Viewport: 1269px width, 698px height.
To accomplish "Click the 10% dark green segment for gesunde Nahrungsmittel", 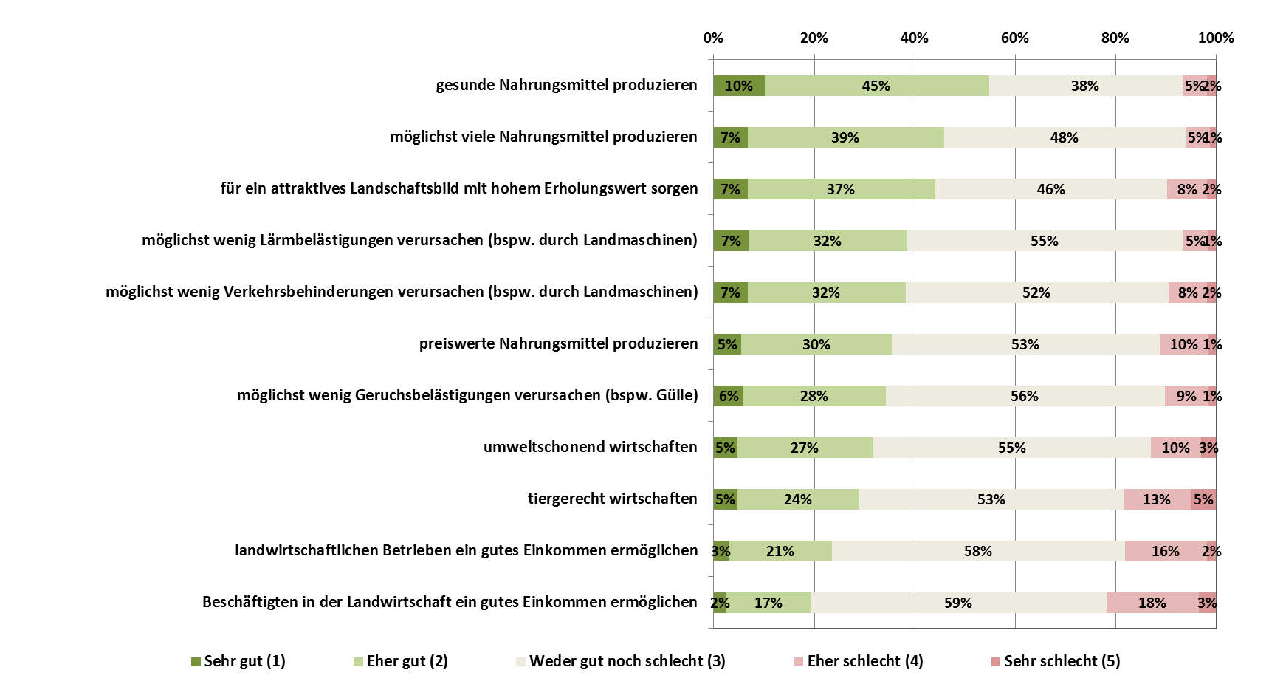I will pyautogui.click(x=738, y=86).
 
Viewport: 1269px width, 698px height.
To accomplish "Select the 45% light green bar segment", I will pyautogui.click(x=876, y=86).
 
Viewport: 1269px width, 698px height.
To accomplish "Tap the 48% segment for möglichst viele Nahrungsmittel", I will pyautogui.click(x=1065, y=137).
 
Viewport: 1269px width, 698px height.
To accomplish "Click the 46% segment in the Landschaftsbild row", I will pyautogui.click(x=1050, y=189).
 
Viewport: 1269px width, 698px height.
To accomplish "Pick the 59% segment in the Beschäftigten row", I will pyautogui.click(x=958, y=603).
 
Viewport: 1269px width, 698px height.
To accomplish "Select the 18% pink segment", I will pyautogui.click(x=1152, y=603).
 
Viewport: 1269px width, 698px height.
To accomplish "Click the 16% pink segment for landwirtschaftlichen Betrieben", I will pyautogui.click(x=1165, y=551).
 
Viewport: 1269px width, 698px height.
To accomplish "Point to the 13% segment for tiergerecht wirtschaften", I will pyautogui.click(x=1156, y=499).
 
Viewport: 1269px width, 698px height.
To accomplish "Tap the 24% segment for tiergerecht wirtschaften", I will pyautogui.click(x=798, y=499).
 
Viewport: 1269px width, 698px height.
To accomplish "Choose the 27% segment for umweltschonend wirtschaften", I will pyautogui.click(x=805, y=448).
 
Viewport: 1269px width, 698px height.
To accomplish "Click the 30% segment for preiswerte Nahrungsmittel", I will pyautogui.click(x=816, y=344).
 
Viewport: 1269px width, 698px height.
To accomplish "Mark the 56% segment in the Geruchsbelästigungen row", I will pyautogui.click(x=1025, y=396).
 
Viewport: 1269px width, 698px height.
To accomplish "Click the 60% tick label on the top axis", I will pyautogui.click(x=1014, y=38).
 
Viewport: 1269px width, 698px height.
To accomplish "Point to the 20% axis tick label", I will pyautogui.click(x=814, y=38).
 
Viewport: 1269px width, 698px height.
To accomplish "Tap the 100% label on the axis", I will pyautogui.click(x=1215, y=38).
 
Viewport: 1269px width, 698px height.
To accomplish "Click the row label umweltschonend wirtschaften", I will pyautogui.click(x=590, y=447).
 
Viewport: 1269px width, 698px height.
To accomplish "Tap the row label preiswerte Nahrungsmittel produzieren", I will pyautogui.click(x=558, y=343).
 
